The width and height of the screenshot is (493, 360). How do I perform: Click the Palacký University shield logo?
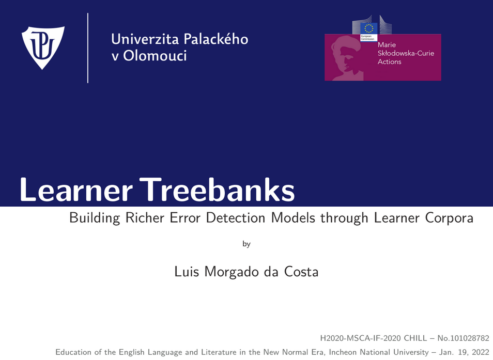click(x=43, y=48)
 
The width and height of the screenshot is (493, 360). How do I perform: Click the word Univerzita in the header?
click(x=145, y=39)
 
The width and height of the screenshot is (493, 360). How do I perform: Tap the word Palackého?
click(x=216, y=38)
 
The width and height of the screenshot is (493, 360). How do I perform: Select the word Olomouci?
click(x=155, y=56)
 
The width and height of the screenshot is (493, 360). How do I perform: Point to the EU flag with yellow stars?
click(x=368, y=28)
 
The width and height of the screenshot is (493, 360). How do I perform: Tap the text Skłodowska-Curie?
click(x=406, y=53)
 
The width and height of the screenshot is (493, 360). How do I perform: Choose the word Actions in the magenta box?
click(x=389, y=61)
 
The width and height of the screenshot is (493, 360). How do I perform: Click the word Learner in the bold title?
click(x=76, y=190)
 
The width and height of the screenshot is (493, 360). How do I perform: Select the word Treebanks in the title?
click(x=217, y=190)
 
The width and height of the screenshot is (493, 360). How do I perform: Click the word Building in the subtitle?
click(x=95, y=218)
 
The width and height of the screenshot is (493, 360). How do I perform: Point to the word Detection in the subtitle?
click(x=236, y=217)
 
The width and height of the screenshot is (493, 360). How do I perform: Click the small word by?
click(x=246, y=244)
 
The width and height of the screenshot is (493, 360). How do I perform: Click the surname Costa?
click(x=301, y=272)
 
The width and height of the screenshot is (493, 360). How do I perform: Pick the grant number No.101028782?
click(x=464, y=338)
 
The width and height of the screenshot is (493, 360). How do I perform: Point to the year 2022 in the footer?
click(x=481, y=352)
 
